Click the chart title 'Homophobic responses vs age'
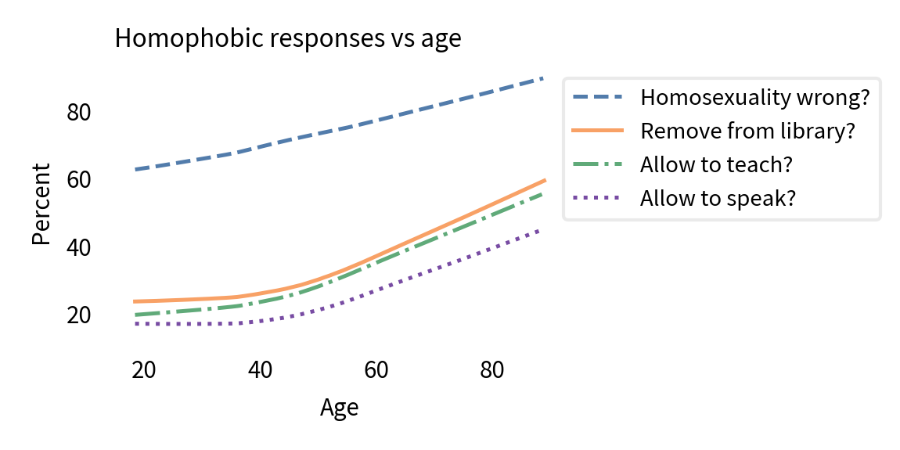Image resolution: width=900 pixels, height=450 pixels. pos(287,38)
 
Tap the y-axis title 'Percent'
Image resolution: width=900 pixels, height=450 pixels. pos(41,203)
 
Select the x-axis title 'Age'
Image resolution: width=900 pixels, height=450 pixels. pos(339,408)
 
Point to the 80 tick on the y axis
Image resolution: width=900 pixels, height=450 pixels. pos(79,113)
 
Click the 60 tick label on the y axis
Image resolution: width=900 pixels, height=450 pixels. pos(79,180)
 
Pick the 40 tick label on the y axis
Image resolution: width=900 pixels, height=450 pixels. pos(79,247)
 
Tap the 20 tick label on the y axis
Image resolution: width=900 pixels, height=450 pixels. pos(79,315)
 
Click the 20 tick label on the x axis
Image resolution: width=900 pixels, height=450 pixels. pos(143,370)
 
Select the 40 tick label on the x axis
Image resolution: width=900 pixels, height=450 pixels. pos(260,370)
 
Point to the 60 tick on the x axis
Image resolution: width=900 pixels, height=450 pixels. pos(376,370)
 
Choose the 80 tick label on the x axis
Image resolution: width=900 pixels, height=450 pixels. pos(491,370)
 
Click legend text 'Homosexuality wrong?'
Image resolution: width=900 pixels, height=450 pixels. pos(754,98)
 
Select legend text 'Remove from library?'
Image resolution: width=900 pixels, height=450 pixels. pos(747,131)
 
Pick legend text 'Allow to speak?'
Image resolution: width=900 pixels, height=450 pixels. pos(718,199)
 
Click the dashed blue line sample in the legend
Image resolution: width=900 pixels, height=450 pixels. pos(599,98)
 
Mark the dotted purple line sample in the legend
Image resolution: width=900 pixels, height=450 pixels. pos(599,199)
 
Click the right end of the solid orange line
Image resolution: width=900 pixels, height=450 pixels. pos(544,180)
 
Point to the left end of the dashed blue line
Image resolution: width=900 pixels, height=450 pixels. pos(135,169)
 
